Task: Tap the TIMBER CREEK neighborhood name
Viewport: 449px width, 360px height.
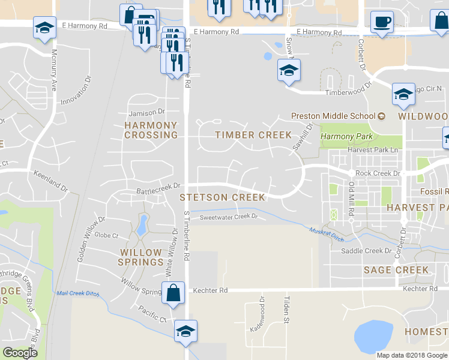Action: pyautogui.click(x=253, y=135)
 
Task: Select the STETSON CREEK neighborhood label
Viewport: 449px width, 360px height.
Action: pyautogui.click(x=222, y=197)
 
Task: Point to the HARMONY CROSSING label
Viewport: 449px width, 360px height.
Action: pyautogui.click(x=151, y=130)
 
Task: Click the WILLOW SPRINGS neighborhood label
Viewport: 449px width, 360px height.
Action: pyautogui.click(x=141, y=257)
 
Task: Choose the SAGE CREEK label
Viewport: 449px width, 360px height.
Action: pyautogui.click(x=396, y=270)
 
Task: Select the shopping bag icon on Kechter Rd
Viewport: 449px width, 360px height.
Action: pyautogui.click(x=173, y=293)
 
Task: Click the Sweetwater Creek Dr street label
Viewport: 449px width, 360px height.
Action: pyautogui.click(x=228, y=217)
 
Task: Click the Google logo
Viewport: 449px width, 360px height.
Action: pyautogui.click(x=20, y=353)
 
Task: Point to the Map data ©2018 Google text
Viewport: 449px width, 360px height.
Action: pyautogui.click(x=411, y=355)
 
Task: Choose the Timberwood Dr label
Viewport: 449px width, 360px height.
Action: pyautogui.click(x=345, y=92)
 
